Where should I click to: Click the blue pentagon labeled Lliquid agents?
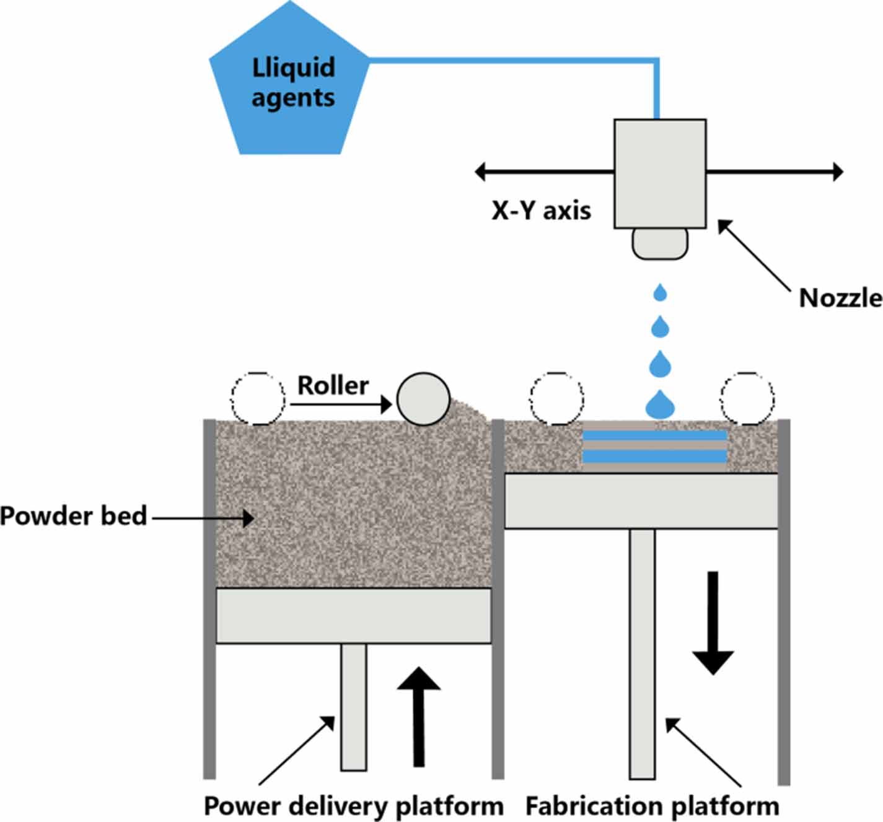pyautogui.click(x=290, y=84)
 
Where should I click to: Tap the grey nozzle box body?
pyautogui.click(x=660, y=173)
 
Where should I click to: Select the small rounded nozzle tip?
pyautogui.click(x=660, y=243)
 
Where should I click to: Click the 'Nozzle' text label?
pyautogui.click(x=840, y=298)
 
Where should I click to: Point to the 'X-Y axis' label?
pyautogui.click(x=541, y=211)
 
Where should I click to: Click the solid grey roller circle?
pyautogui.click(x=423, y=399)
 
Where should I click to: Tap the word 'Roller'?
pyautogui.click(x=333, y=385)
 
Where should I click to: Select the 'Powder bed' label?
pyautogui.click(x=73, y=516)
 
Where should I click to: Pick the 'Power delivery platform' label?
pyautogui.click(x=353, y=807)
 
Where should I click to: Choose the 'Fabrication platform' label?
pyautogui.click(x=652, y=807)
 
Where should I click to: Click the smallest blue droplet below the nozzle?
pyautogui.click(x=660, y=292)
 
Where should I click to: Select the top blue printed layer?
pyautogui.click(x=654, y=435)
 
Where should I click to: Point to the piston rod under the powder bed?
pyautogui.click(x=353, y=706)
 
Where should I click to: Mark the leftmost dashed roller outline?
pyautogui.click(x=258, y=398)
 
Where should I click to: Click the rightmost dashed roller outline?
pyautogui.click(x=747, y=398)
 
